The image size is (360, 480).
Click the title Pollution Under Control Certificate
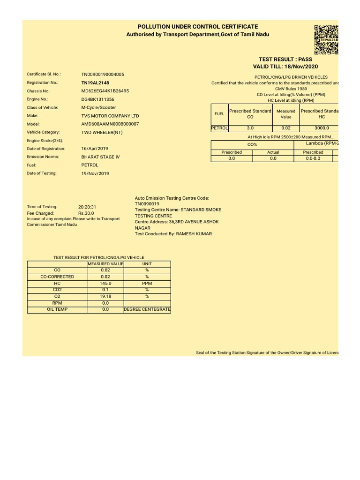(197, 27)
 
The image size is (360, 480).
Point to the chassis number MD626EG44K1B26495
(105, 91)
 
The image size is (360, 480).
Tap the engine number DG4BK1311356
(97, 99)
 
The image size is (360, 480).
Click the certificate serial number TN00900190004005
(103, 75)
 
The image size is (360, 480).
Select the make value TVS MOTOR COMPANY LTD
(110, 116)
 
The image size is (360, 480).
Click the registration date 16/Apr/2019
(95, 149)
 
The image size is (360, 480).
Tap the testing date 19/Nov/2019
(95, 173)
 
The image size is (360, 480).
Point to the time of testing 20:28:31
(88, 207)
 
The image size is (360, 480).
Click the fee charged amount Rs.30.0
(86, 213)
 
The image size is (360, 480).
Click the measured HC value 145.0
(105, 284)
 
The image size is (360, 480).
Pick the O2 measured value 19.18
(105, 296)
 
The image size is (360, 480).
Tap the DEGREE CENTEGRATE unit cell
(147, 309)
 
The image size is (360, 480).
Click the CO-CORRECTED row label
(57, 277)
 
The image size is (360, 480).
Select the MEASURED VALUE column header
(105, 264)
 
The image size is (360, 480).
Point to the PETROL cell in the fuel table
(219, 127)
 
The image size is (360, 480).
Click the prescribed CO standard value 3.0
(250, 127)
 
